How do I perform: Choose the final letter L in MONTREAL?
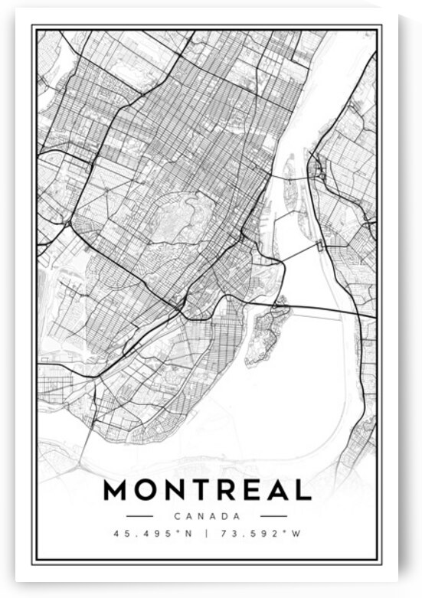[x=304, y=490]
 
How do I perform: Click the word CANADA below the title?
[x=207, y=516]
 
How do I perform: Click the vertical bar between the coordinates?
[x=207, y=534]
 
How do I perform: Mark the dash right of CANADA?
[x=273, y=516]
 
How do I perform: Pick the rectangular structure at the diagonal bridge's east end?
[x=319, y=245]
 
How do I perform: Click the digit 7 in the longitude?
[x=225, y=534]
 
